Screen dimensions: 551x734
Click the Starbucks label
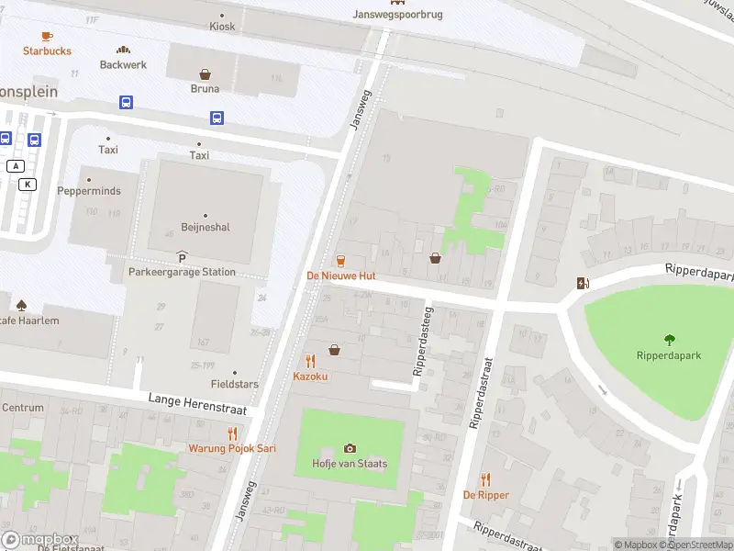point(47,51)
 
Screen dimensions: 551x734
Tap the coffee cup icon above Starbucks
point(47,36)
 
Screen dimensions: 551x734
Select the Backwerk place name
point(123,64)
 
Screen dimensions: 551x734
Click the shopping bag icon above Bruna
point(205,73)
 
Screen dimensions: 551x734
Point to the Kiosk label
point(222,27)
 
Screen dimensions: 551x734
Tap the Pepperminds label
point(89,191)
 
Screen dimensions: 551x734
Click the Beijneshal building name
point(205,227)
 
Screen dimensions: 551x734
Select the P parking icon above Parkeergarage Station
point(182,257)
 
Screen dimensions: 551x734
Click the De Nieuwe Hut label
point(340,275)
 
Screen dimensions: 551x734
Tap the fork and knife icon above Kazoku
point(310,361)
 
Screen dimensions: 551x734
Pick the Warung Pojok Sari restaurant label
point(233,448)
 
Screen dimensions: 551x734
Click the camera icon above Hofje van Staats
point(350,448)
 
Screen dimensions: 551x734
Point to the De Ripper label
point(485,495)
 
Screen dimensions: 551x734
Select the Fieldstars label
point(234,384)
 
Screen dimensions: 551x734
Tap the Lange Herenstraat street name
point(191,399)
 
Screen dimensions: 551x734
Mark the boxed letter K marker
point(28,184)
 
